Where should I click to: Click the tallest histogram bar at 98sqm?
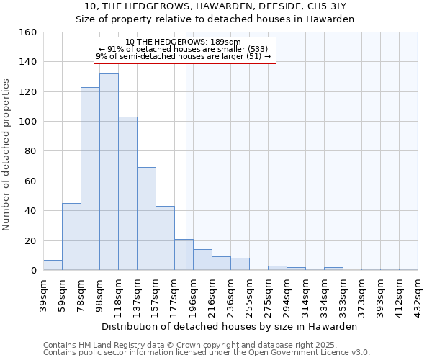click(x=109, y=173)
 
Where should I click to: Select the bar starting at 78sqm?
click(x=90, y=180)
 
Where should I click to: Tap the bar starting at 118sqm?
click(x=127, y=194)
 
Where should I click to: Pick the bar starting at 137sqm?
click(x=146, y=220)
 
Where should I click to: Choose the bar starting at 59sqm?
click(x=71, y=238)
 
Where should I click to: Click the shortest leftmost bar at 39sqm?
click(x=53, y=265)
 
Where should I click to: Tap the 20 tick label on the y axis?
click(x=30, y=241)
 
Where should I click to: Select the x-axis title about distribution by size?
click(x=230, y=326)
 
